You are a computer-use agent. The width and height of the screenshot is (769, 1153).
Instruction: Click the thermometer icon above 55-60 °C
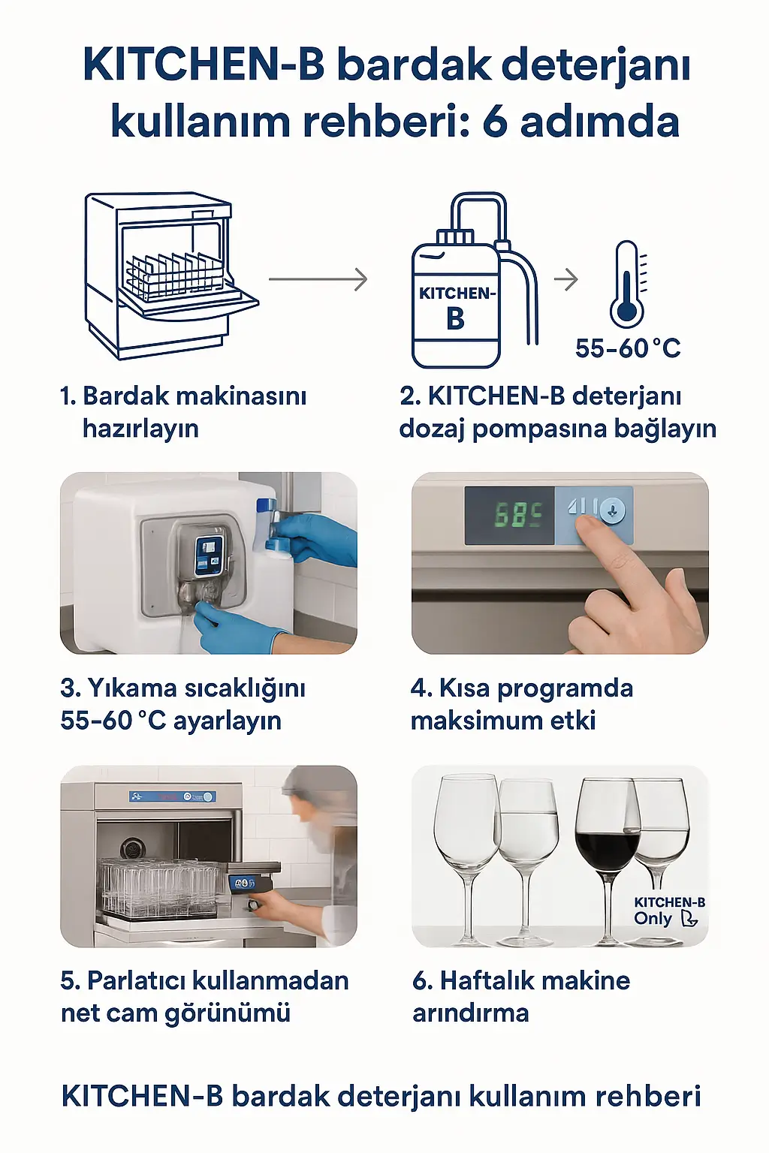click(626, 285)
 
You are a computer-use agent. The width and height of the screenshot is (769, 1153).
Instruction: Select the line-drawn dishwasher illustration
click(169, 274)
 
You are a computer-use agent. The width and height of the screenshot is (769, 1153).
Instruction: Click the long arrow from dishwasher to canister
click(318, 279)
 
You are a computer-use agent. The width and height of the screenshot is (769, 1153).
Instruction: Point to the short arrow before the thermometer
click(566, 279)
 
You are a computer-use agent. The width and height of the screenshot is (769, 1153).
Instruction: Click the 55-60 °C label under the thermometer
click(628, 348)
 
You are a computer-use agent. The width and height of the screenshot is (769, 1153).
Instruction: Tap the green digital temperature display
click(518, 514)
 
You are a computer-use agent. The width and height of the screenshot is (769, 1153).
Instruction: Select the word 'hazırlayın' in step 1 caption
click(140, 429)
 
